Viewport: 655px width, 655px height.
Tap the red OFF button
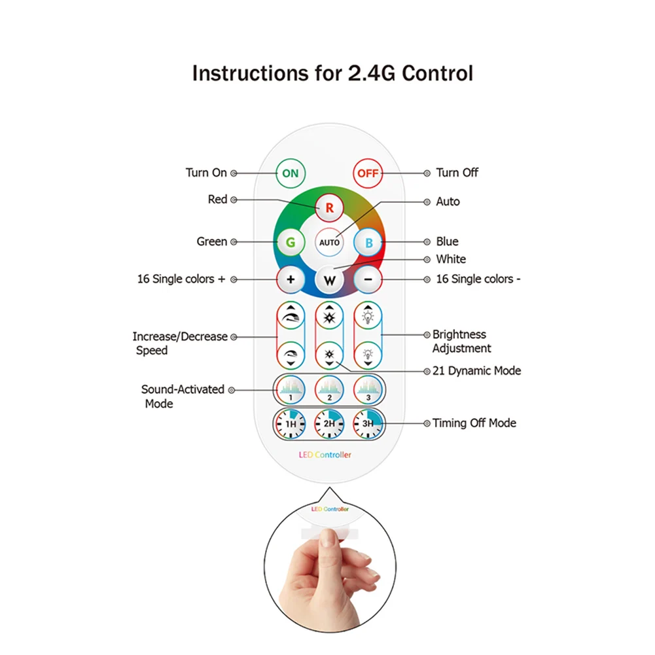pyautogui.click(x=368, y=173)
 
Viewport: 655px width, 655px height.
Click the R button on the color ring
pyautogui.click(x=329, y=208)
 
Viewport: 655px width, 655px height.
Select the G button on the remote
pyautogui.click(x=291, y=243)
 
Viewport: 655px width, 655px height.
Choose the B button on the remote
pyautogui.click(x=368, y=243)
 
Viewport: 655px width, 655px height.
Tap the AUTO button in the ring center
pyautogui.click(x=329, y=243)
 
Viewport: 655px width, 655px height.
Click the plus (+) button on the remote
pyautogui.click(x=291, y=280)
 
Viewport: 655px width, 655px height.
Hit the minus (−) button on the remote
pyautogui.click(x=368, y=280)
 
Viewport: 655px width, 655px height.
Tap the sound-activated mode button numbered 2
pyautogui.click(x=329, y=390)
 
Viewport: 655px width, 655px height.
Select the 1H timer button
pyautogui.click(x=291, y=423)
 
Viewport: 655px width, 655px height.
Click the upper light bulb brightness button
pyautogui.click(x=368, y=317)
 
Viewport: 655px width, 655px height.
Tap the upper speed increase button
pyautogui.click(x=291, y=317)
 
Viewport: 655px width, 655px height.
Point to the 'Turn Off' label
pyautogui.click(x=457, y=173)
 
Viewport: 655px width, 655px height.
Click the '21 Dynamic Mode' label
pyautogui.click(x=476, y=370)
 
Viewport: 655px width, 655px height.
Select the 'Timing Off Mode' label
pyautogui.click(x=474, y=423)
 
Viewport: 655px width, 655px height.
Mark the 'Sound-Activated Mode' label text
pyautogui.click(x=183, y=397)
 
